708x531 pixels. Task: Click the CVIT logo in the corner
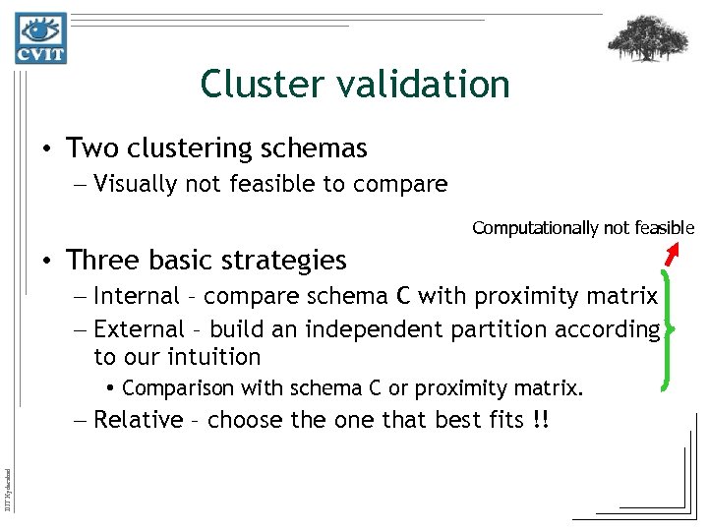click(x=40, y=38)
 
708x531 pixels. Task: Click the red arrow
click(x=673, y=255)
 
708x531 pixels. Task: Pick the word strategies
click(x=291, y=261)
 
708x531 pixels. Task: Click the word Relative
click(x=138, y=420)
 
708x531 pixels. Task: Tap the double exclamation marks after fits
click(x=540, y=420)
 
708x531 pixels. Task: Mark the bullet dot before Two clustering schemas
click(x=46, y=149)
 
